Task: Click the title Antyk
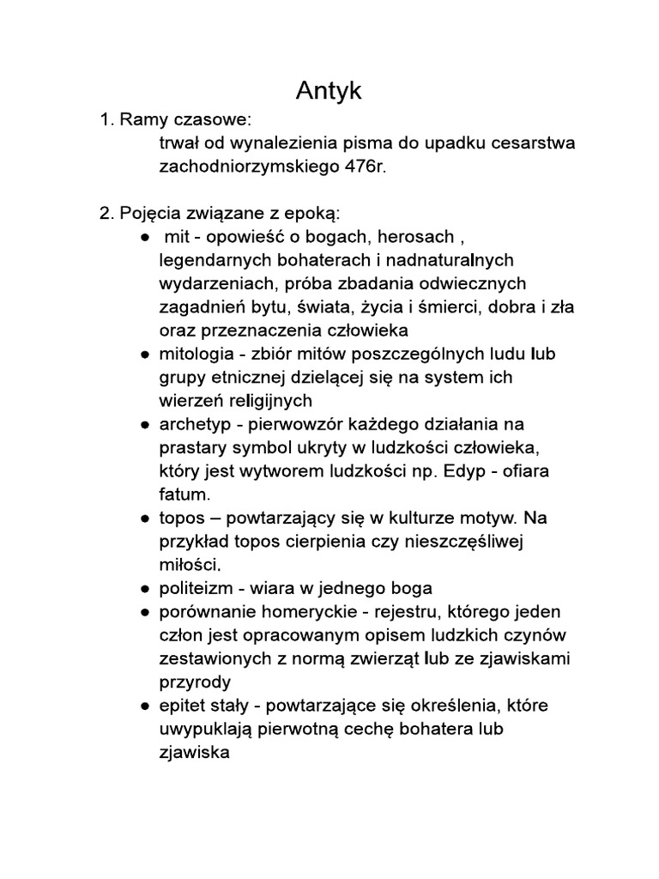[329, 90]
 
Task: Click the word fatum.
[182, 495]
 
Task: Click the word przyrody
[194, 682]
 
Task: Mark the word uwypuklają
[203, 730]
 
